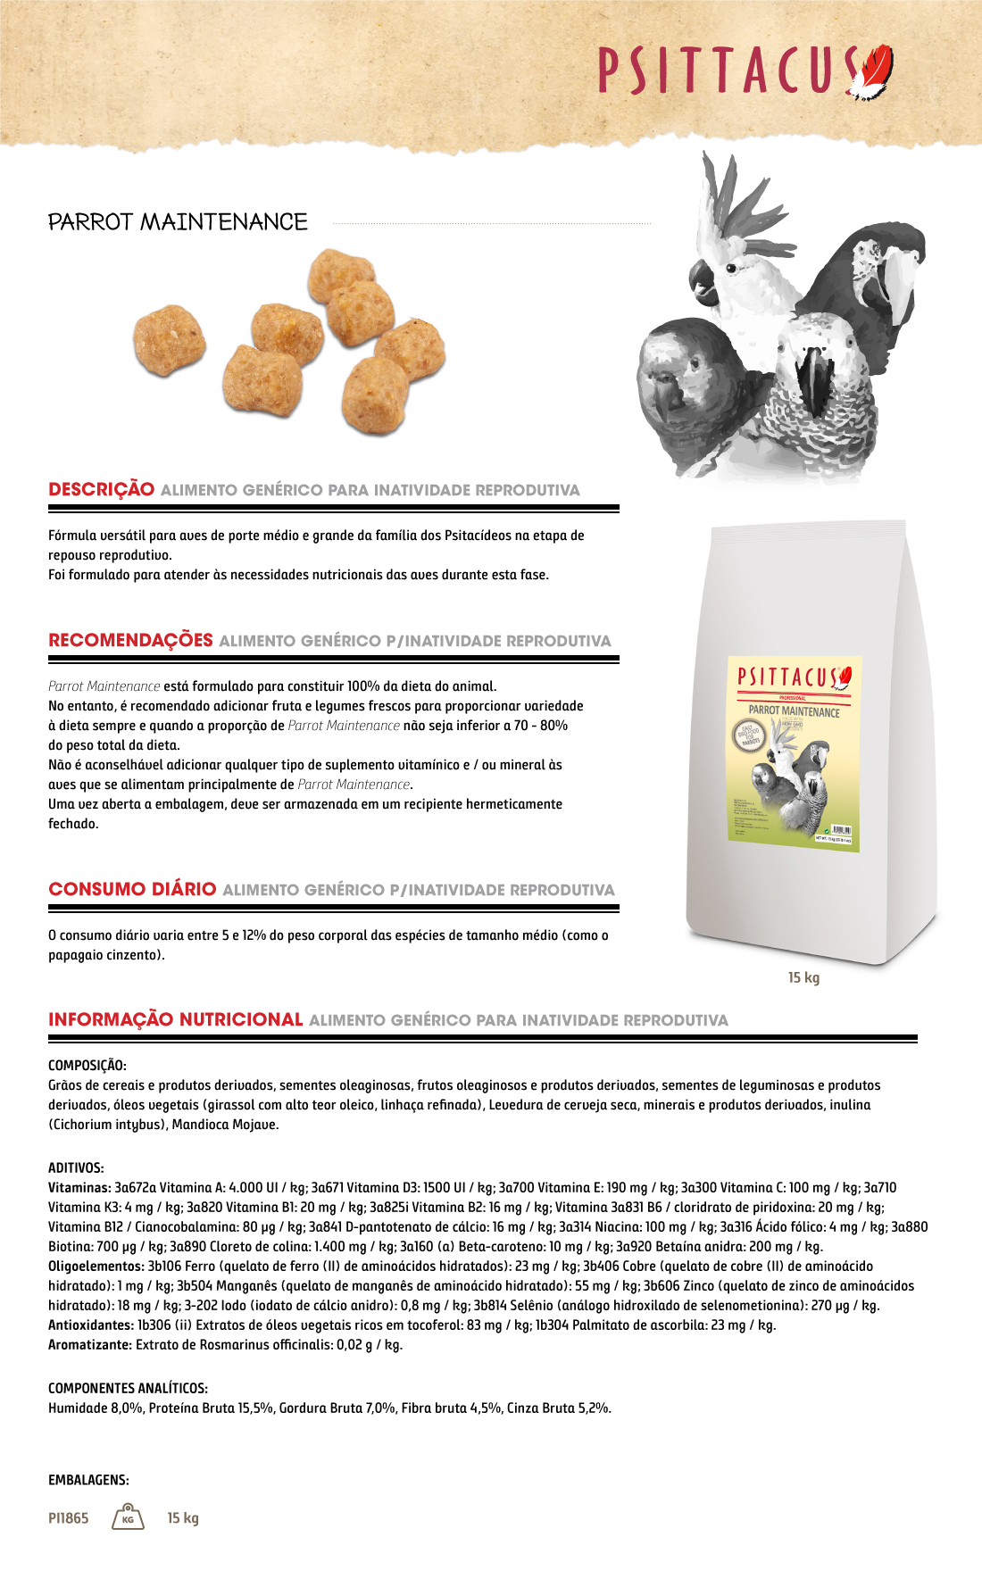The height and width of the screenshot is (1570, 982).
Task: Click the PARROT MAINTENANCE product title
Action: (178, 221)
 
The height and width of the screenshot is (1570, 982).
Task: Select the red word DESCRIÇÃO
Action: (101, 489)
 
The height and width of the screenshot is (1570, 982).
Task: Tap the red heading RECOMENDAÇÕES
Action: (130, 640)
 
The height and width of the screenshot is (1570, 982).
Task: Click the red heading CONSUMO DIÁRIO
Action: (132, 889)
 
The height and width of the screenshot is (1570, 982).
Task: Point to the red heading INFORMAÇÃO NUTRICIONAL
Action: (175, 1019)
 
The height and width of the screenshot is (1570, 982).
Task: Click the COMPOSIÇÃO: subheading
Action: (87, 1066)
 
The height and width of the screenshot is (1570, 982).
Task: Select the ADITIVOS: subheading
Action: (76, 1167)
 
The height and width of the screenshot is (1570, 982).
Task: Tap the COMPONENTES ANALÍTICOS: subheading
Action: (128, 1388)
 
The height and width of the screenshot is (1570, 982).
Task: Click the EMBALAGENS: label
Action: (88, 1480)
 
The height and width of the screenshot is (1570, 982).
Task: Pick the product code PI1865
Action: (69, 1518)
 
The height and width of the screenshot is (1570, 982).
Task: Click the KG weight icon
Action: (128, 1517)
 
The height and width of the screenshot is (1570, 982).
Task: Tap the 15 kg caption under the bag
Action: (803, 977)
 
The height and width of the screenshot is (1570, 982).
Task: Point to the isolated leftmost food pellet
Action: (169, 339)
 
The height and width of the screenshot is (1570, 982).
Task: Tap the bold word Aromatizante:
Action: (89, 1345)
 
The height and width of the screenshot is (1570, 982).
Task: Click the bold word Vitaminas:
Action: (79, 1188)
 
